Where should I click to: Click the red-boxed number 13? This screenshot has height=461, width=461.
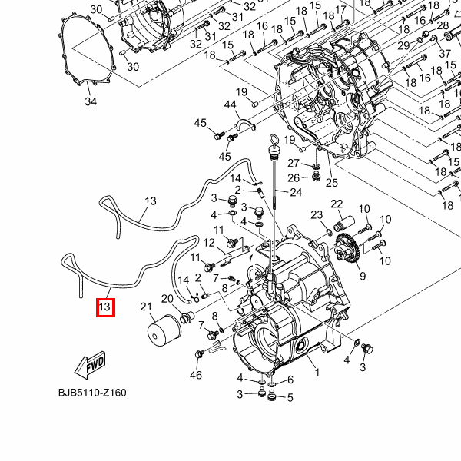click(105, 308)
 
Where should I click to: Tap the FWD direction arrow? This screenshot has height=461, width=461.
click(90, 363)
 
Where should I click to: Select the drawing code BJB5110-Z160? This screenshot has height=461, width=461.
click(92, 393)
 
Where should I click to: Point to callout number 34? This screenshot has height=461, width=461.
click(91, 101)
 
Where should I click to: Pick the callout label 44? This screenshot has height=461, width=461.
click(230, 105)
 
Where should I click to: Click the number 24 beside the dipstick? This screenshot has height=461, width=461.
click(297, 192)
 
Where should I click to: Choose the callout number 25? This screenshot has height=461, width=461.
click(332, 182)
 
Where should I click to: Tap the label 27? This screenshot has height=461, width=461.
click(294, 163)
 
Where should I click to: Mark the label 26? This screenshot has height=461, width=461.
click(294, 178)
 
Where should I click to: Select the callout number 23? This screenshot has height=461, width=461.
click(317, 215)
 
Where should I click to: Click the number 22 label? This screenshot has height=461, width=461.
click(337, 203)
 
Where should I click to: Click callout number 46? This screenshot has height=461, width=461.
click(195, 375)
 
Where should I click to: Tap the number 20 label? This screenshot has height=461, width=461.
click(167, 298)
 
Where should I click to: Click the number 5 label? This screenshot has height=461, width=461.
click(290, 397)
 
